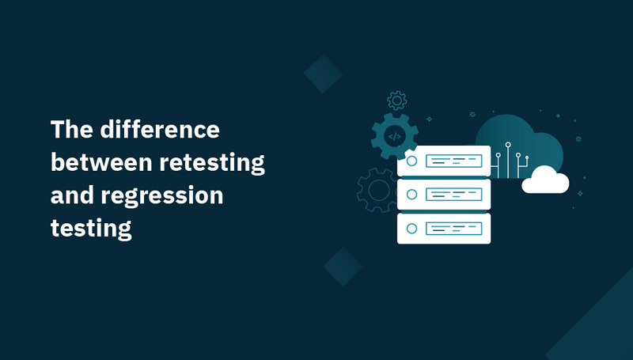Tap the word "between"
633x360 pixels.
coord(99,163)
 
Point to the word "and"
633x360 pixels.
coord(72,195)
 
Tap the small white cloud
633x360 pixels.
coord(545,181)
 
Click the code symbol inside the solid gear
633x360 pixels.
coord(394,137)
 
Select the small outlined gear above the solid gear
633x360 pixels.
coord(396,100)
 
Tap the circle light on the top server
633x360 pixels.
coord(411,161)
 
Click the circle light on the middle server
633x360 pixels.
coord(411,195)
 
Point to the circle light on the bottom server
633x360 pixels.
coord(411,228)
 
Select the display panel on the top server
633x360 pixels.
coord(454,161)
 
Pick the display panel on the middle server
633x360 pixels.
coord(454,195)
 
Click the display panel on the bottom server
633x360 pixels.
coord(454,228)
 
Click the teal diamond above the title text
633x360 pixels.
coord(323,74)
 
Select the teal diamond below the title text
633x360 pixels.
coord(343,267)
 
